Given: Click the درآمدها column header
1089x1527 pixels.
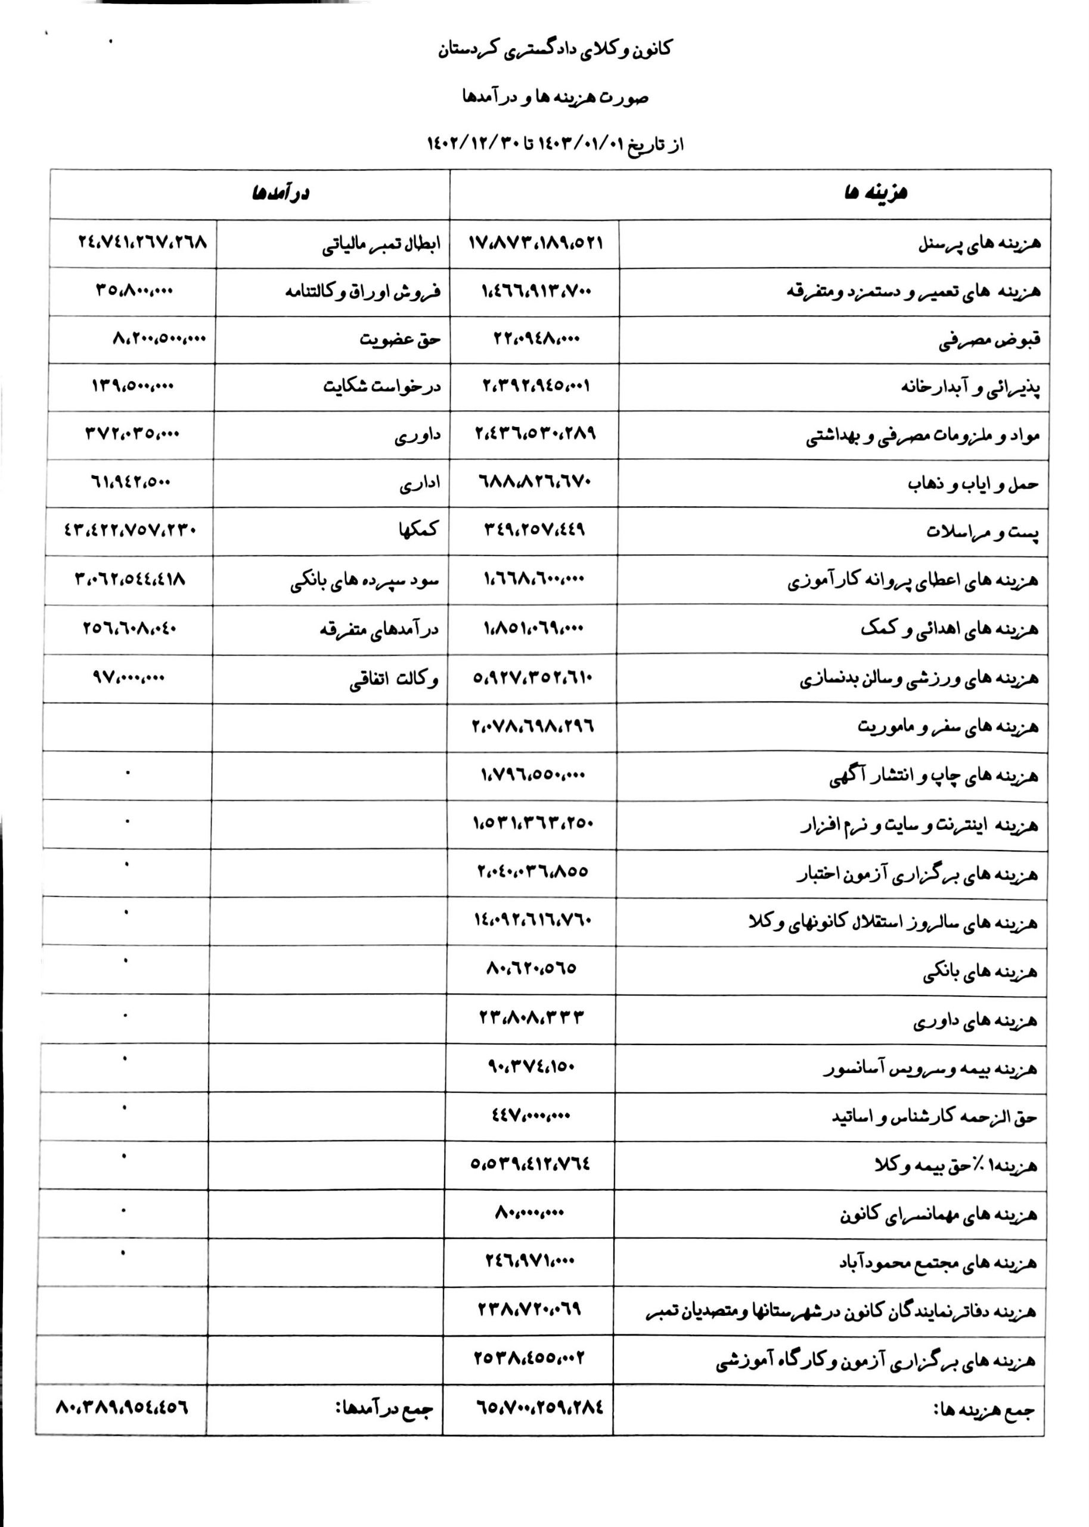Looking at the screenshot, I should click(280, 194).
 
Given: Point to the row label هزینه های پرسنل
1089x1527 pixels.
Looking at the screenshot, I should click(979, 244).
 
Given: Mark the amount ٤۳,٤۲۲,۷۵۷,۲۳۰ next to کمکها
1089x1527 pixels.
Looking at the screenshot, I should click(130, 530).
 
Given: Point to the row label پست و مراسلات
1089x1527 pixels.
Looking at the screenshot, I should click(982, 533).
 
